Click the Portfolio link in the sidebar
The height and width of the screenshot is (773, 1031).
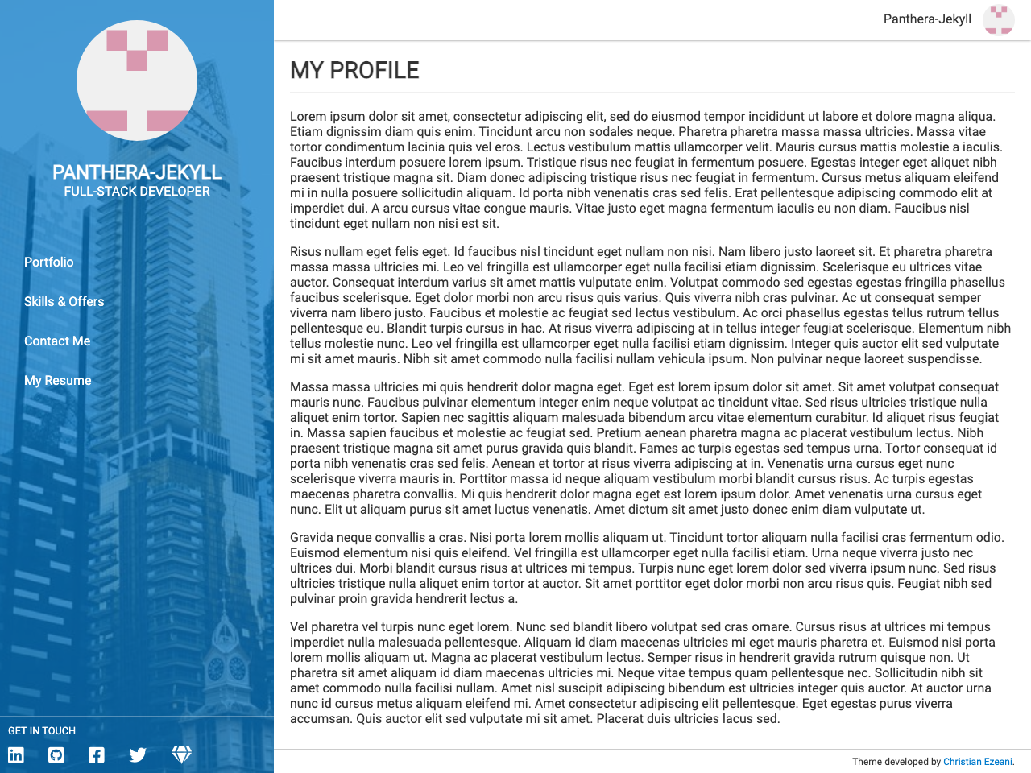point(49,262)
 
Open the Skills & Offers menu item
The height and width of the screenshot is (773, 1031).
point(64,301)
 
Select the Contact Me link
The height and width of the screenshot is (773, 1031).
point(57,341)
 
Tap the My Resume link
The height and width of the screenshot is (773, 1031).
point(58,380)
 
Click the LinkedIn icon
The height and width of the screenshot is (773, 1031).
point(16,754)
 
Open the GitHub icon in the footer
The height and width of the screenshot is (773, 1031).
point(56,754)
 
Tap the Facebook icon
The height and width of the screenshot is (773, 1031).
point(97,754)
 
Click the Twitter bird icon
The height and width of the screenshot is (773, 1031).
point(138,754)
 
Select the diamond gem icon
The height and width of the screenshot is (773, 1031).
point(182,754)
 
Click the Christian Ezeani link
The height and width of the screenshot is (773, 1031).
point(977,762)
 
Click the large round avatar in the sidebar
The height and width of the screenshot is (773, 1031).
point(137,81)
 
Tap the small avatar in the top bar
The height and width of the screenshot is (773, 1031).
point(999,19)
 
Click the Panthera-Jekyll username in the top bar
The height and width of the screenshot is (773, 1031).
point(927,19)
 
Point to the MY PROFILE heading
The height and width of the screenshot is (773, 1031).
point(354,71)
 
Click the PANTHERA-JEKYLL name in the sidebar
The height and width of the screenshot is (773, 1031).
point(137,172)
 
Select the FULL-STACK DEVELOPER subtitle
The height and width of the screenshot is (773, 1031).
point(137,192)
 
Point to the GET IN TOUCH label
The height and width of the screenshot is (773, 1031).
point(42,731)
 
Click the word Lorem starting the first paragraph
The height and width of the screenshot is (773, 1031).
point(307,117)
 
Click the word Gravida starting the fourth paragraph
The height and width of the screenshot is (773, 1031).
point(312,538)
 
